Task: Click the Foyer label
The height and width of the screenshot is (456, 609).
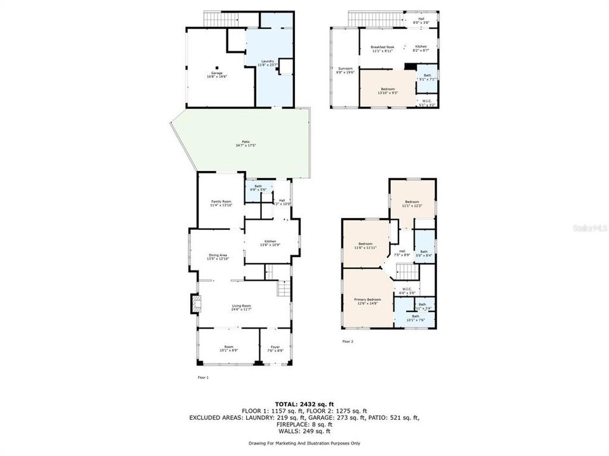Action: click(275, 348)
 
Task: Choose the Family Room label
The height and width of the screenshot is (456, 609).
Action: click(221, 203)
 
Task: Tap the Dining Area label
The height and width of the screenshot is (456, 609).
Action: click(217, 256)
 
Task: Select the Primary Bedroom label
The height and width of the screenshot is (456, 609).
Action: click(367, 301)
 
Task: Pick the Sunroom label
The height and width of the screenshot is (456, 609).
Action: click(344, 70)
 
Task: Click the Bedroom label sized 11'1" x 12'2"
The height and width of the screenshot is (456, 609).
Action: click(412, 203)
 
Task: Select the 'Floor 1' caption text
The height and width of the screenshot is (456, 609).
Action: click(203, 377)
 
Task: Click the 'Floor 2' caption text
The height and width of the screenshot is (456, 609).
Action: click(348, 341)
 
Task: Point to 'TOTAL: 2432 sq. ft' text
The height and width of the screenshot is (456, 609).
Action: click(304, 403)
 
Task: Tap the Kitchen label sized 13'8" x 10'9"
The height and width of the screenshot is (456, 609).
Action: click(270, 243)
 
